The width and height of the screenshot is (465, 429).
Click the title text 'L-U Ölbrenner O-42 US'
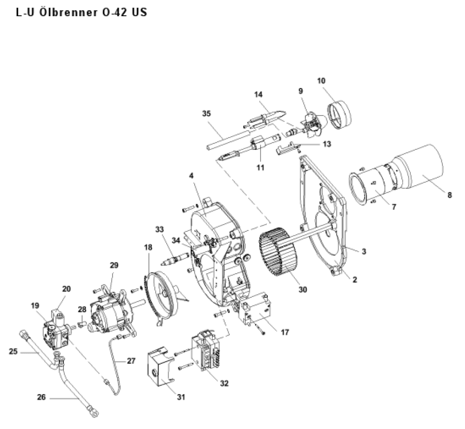(82, 12)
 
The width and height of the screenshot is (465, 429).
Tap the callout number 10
(321, 81)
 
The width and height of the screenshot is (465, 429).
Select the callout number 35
(206, 113)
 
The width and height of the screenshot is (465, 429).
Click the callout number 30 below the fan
(302, 289)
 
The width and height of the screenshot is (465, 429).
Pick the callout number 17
(285, 332)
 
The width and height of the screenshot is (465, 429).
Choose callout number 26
(41, 397)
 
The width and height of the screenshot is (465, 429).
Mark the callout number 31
(181, 397)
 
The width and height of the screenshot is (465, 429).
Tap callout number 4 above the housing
(191, 175)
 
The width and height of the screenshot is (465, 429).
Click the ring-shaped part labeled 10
(339, 115)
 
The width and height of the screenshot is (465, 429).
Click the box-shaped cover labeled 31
(160, 367)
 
